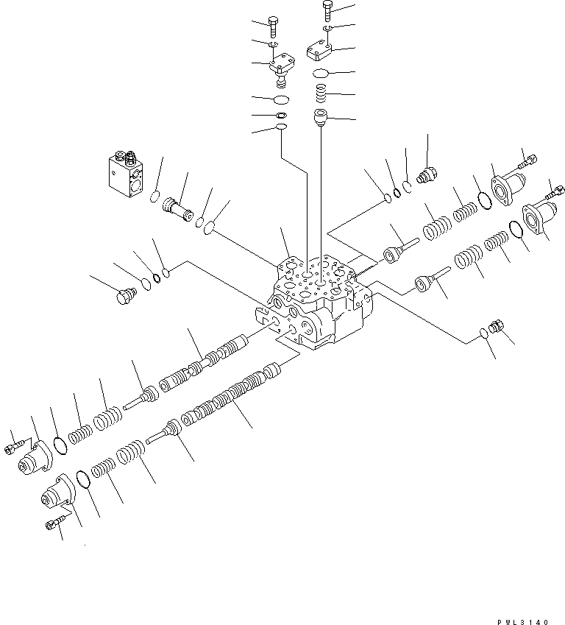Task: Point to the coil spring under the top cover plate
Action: pyautogui.click(x=321, y=93)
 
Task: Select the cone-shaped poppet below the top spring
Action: pyautogui.click(x=321, y=117)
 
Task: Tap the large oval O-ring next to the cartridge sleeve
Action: pyautogui.click(x=210, y=227)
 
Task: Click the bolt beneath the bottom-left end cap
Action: pyautogui.click(x=54, y=523)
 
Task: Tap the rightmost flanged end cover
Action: pyautogui.click(x=539, y=218)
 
